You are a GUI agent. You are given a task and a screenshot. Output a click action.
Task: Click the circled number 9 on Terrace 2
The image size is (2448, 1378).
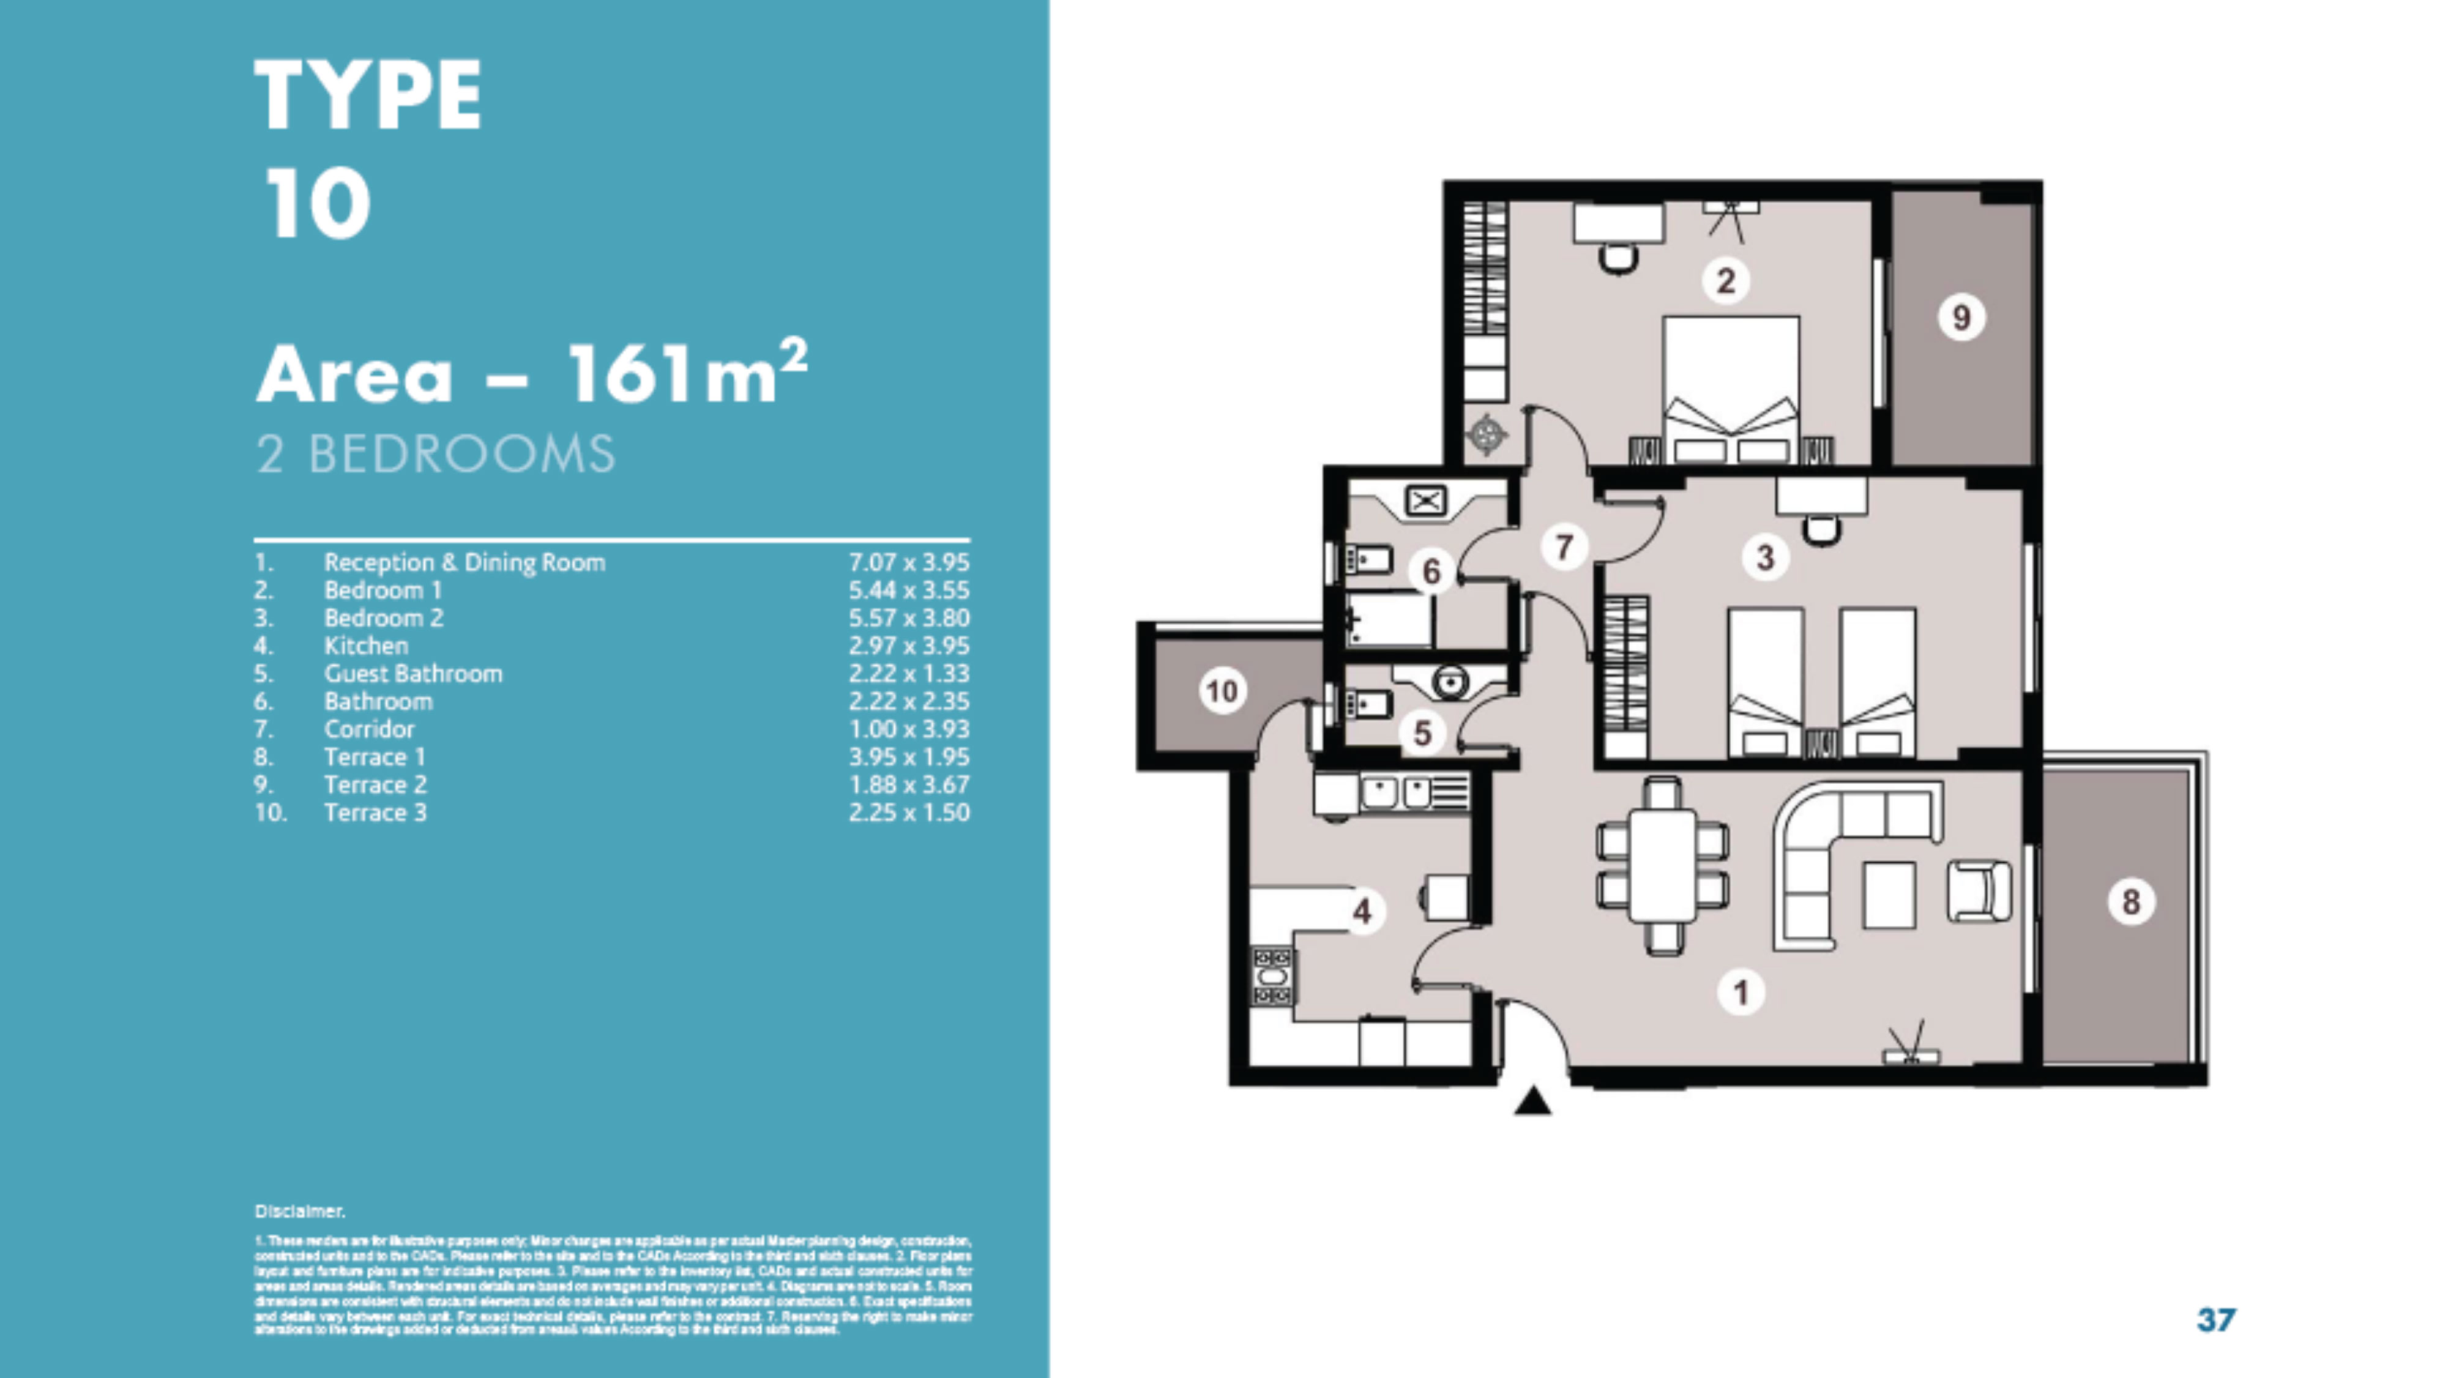(1960, 318)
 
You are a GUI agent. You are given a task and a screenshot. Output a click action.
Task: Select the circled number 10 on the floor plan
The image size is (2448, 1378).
(1222, 691)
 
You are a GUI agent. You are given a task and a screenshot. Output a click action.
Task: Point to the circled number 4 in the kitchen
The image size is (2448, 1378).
(1362, 911)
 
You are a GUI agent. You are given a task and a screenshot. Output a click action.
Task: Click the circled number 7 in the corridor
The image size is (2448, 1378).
(1563, 548)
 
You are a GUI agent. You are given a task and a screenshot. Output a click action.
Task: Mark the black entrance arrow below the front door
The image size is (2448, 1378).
(1532, 1103)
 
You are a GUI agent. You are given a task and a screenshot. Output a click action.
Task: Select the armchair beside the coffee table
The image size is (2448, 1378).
(1979, 892)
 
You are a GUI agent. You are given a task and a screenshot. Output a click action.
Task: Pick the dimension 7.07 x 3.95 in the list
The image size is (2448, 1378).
(908, 562)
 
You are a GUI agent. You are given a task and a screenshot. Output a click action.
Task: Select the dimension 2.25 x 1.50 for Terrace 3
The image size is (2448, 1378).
(908, 813)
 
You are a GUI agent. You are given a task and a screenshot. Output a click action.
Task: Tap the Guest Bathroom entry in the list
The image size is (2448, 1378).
(412, 674)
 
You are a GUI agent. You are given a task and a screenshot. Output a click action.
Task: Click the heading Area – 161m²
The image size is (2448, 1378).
(532, 373)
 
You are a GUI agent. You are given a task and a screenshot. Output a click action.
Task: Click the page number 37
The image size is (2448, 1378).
(2216, 1319)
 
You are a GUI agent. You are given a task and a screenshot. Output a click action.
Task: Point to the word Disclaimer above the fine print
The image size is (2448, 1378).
(299, 1212)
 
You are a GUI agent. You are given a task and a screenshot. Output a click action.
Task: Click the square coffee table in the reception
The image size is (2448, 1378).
(1889, 894)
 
